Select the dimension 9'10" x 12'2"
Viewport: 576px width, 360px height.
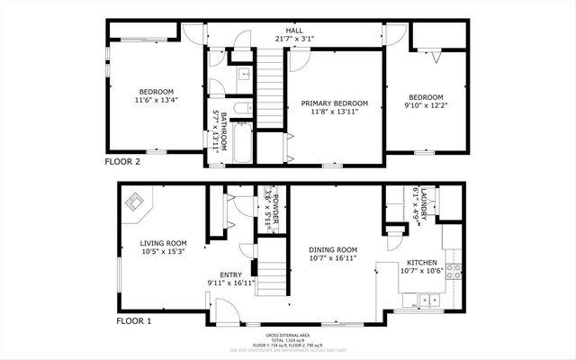(427, 106)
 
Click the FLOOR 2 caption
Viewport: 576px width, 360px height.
(123, 163)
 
